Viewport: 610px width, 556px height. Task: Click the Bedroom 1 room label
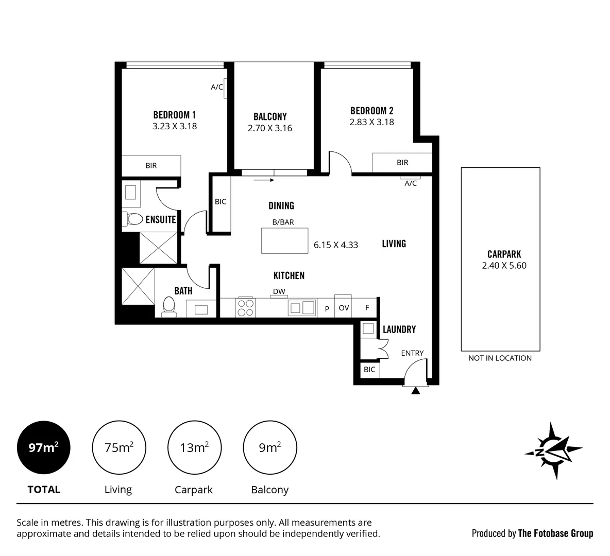174,115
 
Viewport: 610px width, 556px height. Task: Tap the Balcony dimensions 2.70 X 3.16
269,128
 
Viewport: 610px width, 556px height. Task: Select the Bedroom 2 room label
371,111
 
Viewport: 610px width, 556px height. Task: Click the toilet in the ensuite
133,219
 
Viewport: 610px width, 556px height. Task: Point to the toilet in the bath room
168,307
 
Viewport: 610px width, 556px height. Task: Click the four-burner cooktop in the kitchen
245,307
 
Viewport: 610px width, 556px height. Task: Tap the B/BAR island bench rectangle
284,240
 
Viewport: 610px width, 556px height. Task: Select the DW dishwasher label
279,291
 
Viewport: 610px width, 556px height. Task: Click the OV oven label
344,308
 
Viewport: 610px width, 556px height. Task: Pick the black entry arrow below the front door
416,391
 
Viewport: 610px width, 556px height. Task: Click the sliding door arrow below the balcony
264,180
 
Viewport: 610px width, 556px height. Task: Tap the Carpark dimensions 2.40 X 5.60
504,266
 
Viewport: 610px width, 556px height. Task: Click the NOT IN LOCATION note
500,358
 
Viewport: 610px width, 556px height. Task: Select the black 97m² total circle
43,448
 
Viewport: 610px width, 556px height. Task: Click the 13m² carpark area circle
194,448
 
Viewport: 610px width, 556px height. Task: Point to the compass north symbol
553,450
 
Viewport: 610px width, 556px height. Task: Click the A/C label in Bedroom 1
217,87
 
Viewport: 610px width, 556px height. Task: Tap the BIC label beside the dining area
220,201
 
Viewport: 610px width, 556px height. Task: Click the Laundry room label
399,329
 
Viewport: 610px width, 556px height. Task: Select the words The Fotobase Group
555,533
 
